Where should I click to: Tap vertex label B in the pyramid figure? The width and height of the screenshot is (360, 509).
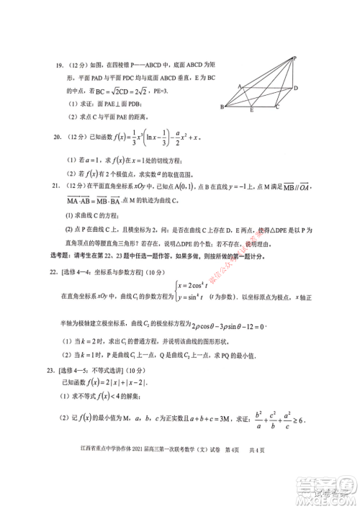pos(222,106)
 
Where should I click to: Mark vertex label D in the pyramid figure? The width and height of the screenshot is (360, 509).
pos(295,88)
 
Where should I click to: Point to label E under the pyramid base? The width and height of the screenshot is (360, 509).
pos(251,112)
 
